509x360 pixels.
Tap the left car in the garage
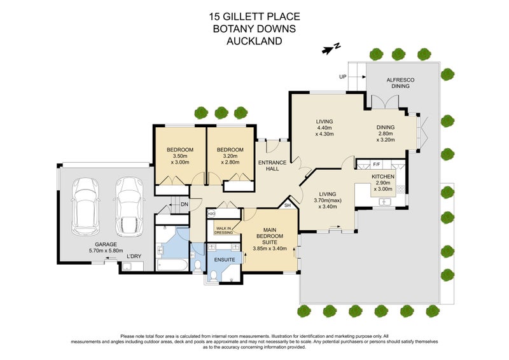pyautogui.click(x=86, y=206)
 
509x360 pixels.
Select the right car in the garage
pyautogui.click(x=129, y=207)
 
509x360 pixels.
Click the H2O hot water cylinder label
pyautogui.click(x=211, y=214)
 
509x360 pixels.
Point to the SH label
pyautogui.click(x=288, y=205)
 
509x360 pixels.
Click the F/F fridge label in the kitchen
pyautogui.click(x=377, y=164)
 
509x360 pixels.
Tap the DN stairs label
pyautogui.click(x=185, y=204)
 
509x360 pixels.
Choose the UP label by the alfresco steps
pyautogui.click(x=343, y=77)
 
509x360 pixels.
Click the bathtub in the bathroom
pyautogui.click(x=172, y=265)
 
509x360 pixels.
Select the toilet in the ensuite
pyautogui.click(x=213, y=276)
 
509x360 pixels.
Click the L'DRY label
pyautogui.click(x=134, y=256)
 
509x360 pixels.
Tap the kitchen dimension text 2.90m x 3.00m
pyautogui.click(x=383, y=186)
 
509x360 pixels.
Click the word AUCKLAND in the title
pyautogui.click(x=254, y=41)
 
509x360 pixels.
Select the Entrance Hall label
pyautogui.click(x=272, y=165)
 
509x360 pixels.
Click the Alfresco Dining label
pyautogui.click(x=400, y=83)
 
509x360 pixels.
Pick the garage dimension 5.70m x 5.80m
pyautogui.click(x=106, y=247)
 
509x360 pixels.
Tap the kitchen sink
pyautogui.click(x=386, y=202)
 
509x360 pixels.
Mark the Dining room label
pyautogui.click(x=386, y=134)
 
